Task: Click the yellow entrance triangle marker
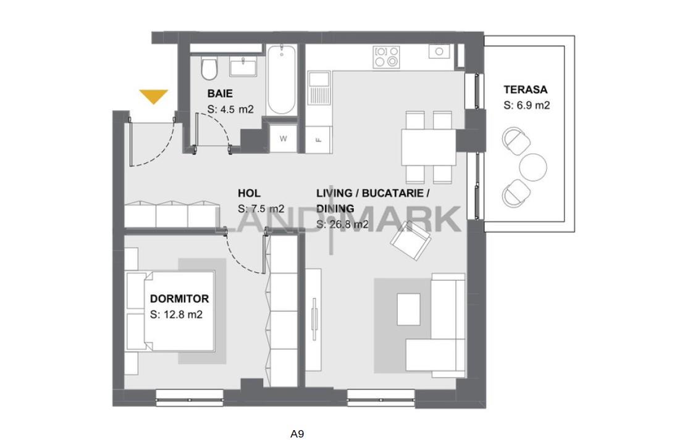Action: coord(153,96)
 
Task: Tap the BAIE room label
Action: coord(220,94)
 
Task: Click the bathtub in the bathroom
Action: coord(282,80)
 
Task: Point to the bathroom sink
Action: coord(243,67)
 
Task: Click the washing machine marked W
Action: coord(284,138)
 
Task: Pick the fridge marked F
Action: coord(319,139)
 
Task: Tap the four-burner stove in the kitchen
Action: coord(387,57)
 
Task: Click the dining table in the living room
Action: coord(429,147)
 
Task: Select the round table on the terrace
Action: coord(533,167)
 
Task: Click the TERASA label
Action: coord(525,89)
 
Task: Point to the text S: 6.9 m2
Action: coord(526,106)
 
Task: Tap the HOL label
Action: coord(249,193)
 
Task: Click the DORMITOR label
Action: coord(179,299)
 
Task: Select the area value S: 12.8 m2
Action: coord(176,315)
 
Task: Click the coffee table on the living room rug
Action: coord(408,309)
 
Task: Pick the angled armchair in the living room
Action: coord(411,240)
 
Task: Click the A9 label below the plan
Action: coord(297,434)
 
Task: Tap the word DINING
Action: coord(335,209)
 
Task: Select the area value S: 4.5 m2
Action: coord(230,110)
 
